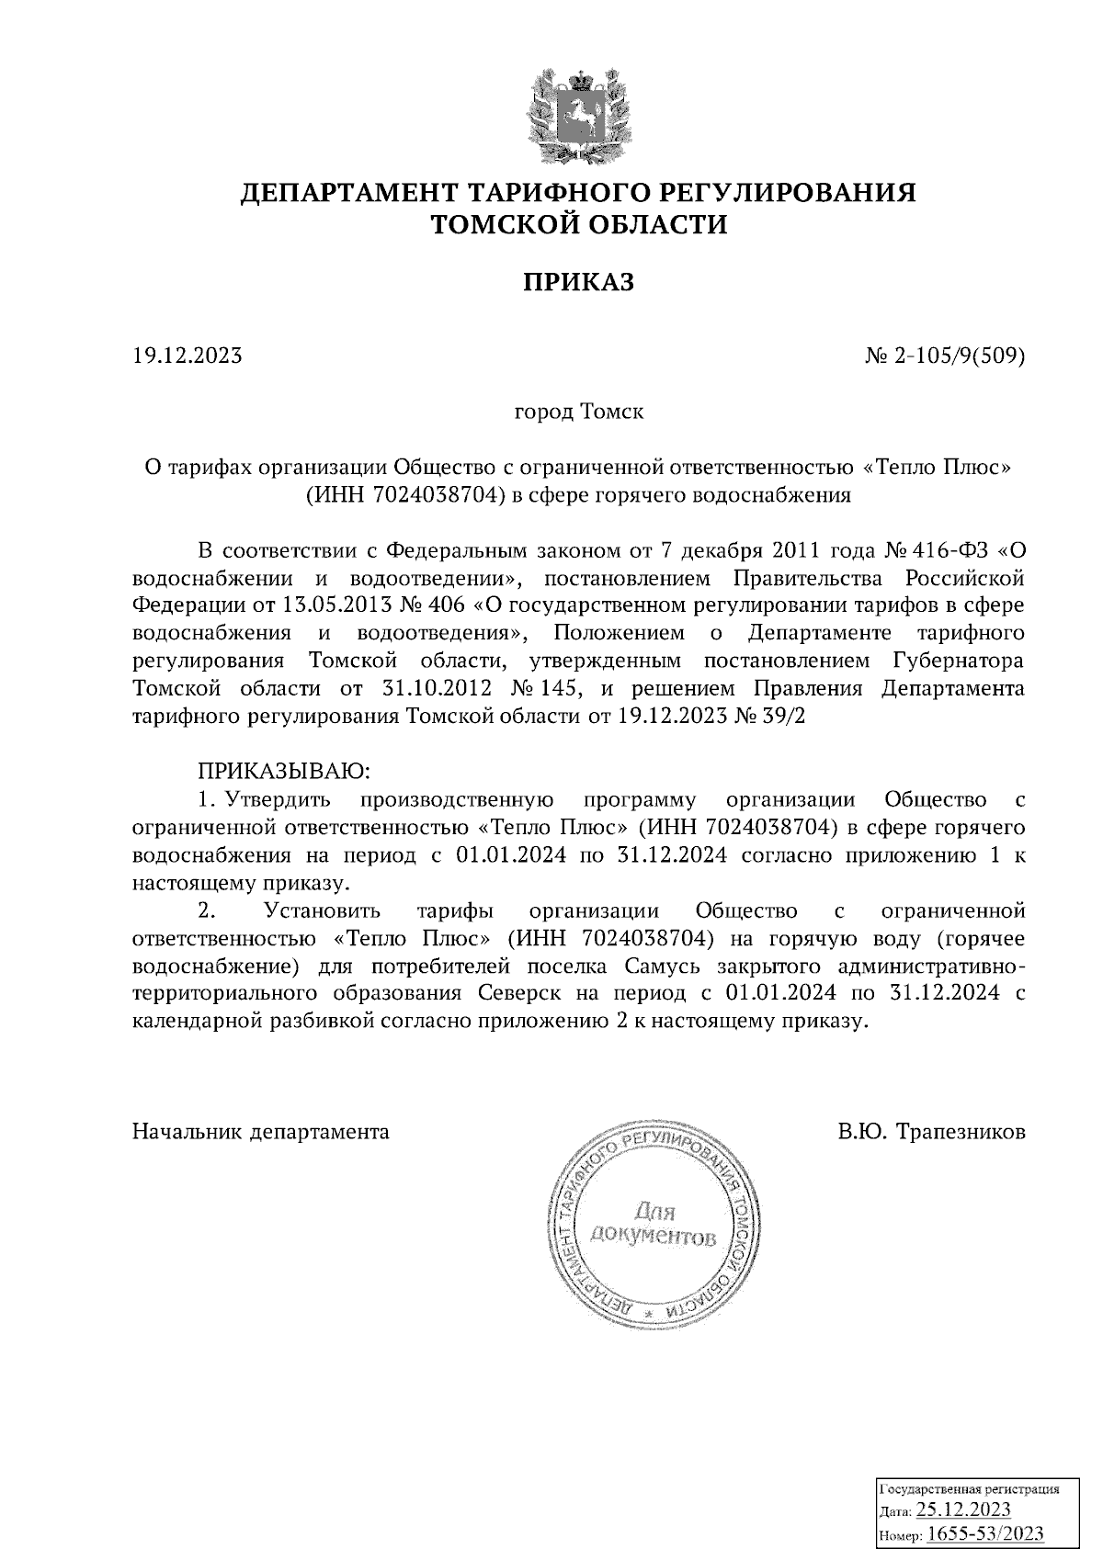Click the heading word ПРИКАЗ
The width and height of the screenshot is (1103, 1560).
(579, 282)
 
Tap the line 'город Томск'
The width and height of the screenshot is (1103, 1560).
(578, 412)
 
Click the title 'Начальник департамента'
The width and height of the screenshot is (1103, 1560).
(261, 1132)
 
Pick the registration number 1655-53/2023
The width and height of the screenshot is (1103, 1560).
(984, 1533)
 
